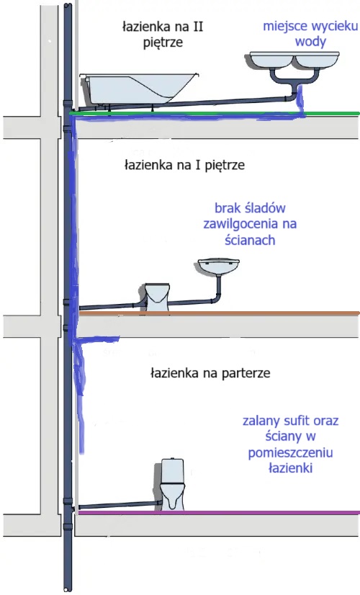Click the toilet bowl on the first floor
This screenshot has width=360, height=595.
pyautogui.click(x=156, y=296)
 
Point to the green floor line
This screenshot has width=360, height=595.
pyautogui.click(x=216, y=113)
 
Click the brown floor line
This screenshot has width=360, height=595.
pyautogui.click(x=216, y=313)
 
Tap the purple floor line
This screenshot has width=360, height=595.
pyautogui.click(x=216, y=512)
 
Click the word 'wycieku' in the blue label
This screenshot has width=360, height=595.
pyautogui.click(x=333, y=28)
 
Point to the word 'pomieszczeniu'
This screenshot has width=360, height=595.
pyautogui.click(x=292, y=452)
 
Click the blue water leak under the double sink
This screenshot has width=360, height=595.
pyautogui.click(x=301, y=101)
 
